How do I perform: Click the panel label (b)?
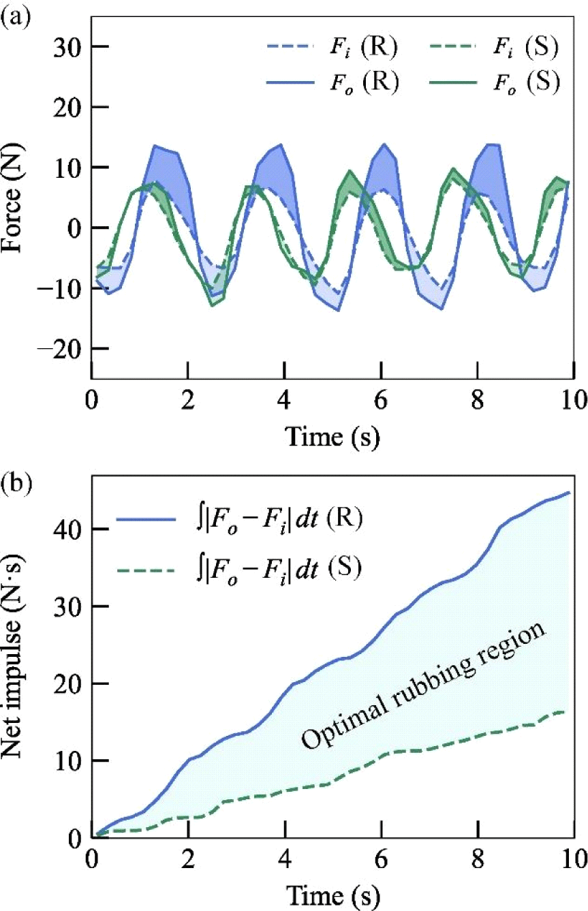tap(16, 468)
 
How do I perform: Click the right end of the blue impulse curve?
tap(569, 492)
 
